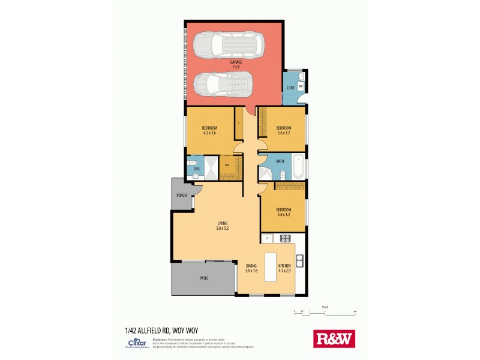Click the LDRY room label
click(x=290, y=88)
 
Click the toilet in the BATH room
click(x=282, y=175)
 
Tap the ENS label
click(x=197, y=170)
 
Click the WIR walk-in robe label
click(x=228, y=165)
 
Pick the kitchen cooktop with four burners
click(x=283, y=238)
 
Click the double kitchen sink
click(x=299, y=261)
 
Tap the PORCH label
click(x=181, y=195)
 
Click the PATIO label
click(x=204, y=278)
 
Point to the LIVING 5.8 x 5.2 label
click(x=223, y=226)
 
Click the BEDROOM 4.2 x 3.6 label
click(x=209, y=131)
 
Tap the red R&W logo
click(x=334, y=338)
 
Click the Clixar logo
click(x=135, y=343)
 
